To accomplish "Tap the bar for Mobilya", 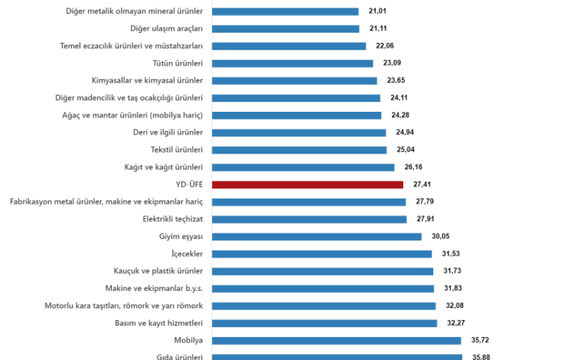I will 336,340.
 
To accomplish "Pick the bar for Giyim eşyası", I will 316,237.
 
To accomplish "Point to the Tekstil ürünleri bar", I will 299,150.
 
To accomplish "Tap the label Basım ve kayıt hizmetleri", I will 158,322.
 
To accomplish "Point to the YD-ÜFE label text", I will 188,185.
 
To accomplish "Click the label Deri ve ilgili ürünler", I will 168,133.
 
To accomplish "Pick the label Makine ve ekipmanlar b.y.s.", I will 154,288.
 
